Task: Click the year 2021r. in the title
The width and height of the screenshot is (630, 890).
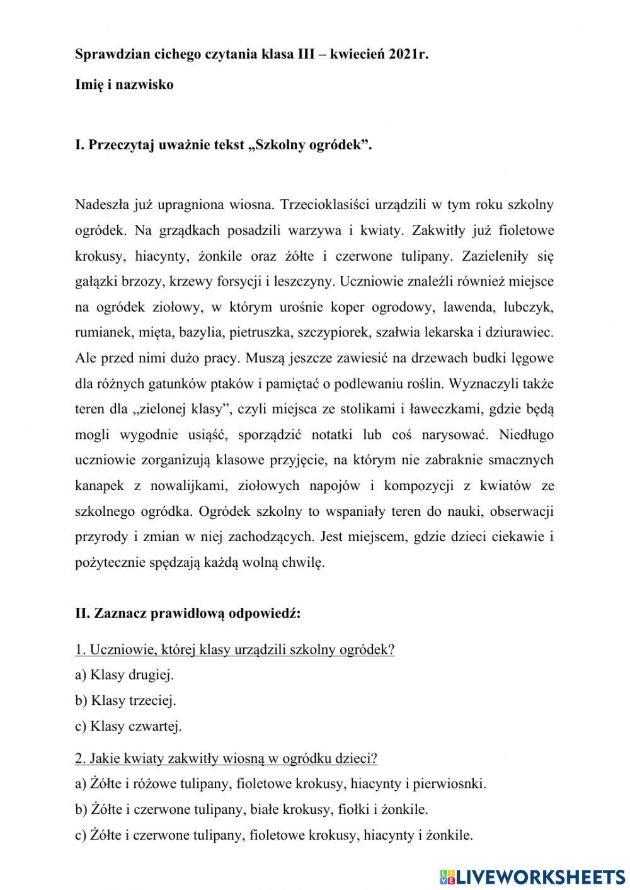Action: [404, 54]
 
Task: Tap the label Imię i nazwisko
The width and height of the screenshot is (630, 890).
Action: [124, 84]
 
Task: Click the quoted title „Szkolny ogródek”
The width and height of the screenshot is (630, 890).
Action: [310, 145]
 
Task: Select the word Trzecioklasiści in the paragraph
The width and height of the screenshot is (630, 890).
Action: [324, 205]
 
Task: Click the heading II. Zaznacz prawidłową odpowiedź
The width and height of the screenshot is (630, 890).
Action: [188, 613]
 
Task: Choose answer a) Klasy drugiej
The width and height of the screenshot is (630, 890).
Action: [124, 675]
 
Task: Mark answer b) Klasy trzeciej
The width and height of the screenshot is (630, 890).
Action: [125, 700]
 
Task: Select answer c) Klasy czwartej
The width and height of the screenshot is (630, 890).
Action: [128, 726]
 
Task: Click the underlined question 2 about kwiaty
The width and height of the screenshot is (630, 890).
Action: [226, 758]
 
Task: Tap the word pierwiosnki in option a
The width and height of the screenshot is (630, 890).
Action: [451, 784]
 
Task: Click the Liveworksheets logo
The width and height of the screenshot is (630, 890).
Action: [530, 876]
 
